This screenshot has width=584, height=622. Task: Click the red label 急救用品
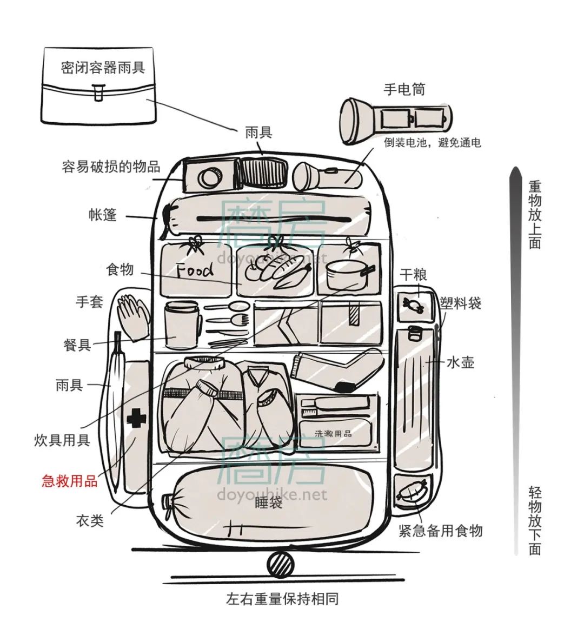click(70, 480)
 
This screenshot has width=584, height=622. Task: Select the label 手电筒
click(404, 89)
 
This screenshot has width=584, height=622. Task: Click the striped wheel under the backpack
click(280, 565)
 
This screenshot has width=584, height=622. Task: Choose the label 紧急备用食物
click(440, 531)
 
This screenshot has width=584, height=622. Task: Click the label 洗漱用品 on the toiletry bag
click(333, 433)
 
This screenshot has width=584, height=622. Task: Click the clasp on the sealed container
click(98, 92)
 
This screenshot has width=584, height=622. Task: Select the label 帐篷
click(102, 215)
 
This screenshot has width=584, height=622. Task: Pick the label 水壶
click(460, 362)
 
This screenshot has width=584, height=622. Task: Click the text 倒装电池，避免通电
click(433, 143)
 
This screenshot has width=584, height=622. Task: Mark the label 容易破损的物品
click(111, 167)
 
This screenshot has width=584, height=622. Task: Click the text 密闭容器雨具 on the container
click(103, 67)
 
